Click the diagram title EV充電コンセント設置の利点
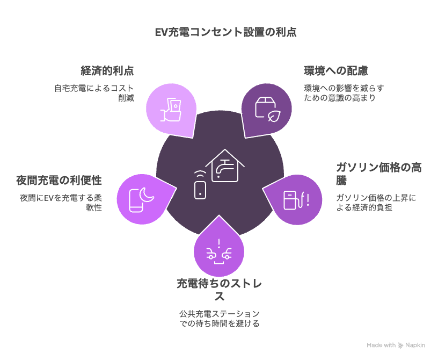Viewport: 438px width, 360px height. click(225, 32)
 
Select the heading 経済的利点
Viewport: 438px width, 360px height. click(107, 70)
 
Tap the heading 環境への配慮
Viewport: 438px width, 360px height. click(336, 70)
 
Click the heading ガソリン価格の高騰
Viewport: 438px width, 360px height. click(379, 174)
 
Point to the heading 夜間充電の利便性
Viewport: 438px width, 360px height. click(59, 180)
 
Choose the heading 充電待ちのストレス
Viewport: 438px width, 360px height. click(220, 290)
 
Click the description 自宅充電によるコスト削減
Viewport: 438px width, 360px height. click(94, 93)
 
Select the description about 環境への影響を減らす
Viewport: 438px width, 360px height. click(344, 93)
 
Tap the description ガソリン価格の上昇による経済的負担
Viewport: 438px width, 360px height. click(376, 203)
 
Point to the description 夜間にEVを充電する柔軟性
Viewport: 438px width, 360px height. click(61, 203)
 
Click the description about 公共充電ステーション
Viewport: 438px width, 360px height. click(220, 319)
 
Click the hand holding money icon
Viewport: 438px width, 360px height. click(171, 110)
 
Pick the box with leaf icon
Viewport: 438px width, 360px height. click(267, 110)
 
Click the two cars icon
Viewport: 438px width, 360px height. click(219, 254)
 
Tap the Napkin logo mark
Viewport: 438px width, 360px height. click(401, 345)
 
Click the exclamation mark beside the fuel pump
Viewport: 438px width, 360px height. click(308, 200)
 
